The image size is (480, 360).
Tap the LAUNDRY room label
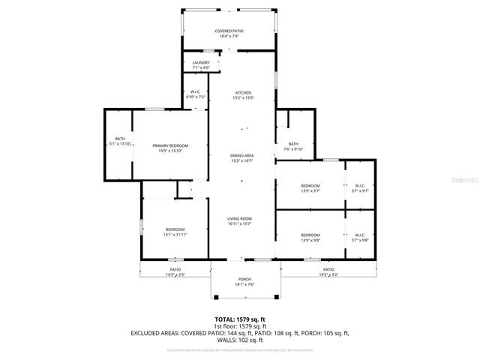tap(201, 63)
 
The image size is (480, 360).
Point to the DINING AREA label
tap(241, 155)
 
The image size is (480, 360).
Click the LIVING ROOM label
tap(240, 218)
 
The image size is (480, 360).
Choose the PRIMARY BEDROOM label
tap(169, 145)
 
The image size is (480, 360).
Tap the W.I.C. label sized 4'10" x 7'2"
tap(194, 93)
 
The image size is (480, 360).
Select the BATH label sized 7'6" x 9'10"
tap(293, 144)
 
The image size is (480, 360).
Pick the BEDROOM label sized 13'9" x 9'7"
tap(310, 185)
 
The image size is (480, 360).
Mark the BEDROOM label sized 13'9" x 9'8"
tap(310, 235)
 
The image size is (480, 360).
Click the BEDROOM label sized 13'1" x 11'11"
tap(175, 229)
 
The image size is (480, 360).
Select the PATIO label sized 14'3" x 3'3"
tap(175, 269)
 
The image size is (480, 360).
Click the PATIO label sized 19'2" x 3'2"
tap(328, 269)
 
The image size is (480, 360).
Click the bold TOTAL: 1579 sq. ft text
tap(240, 319)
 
